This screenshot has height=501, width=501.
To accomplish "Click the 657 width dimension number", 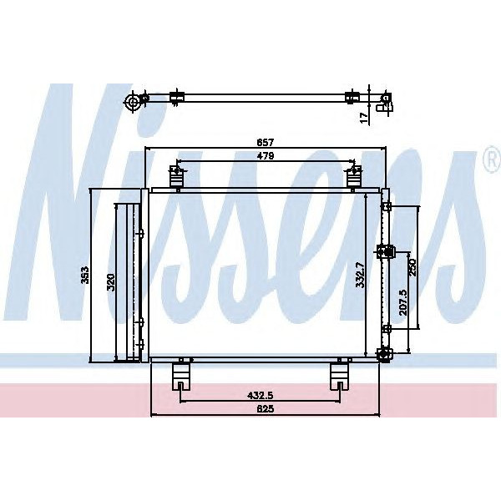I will (266, 142).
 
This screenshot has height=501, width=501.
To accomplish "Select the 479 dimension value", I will (266, 156).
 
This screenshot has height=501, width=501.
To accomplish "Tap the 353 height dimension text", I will (84, 276).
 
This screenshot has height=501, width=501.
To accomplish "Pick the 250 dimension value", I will (412, 267).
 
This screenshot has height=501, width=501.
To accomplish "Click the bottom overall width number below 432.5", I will (266, 408).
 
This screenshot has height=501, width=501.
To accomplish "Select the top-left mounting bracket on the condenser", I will (176, 176).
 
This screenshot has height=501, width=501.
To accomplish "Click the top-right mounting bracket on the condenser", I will (354, 176).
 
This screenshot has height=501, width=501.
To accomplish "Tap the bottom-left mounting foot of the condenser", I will (180, 375).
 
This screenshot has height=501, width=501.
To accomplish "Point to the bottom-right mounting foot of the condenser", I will (340, 375).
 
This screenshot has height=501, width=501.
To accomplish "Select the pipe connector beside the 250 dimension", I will (387, 250).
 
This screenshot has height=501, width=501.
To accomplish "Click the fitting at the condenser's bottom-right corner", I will (384, 355).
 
